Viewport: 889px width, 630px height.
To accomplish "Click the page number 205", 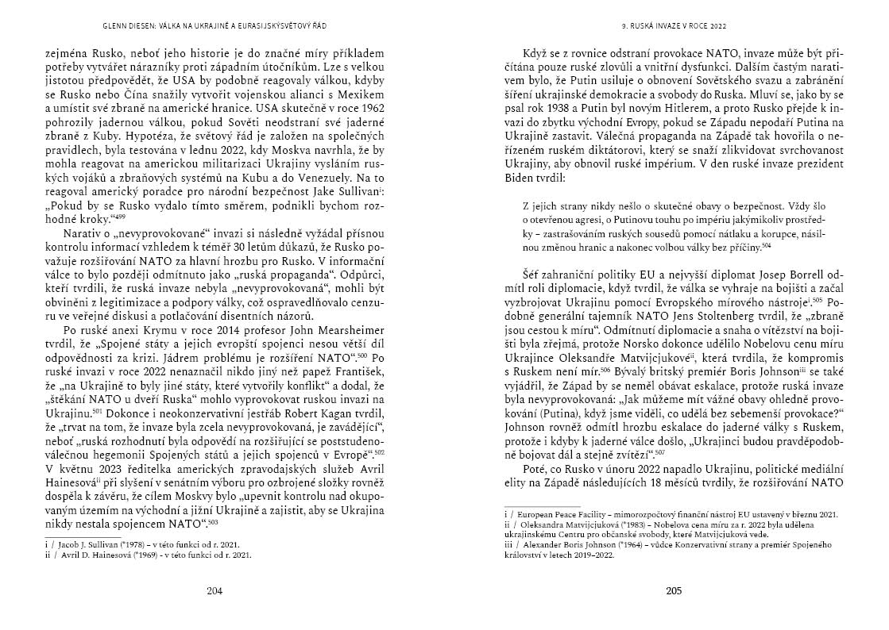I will coord(674,591).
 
